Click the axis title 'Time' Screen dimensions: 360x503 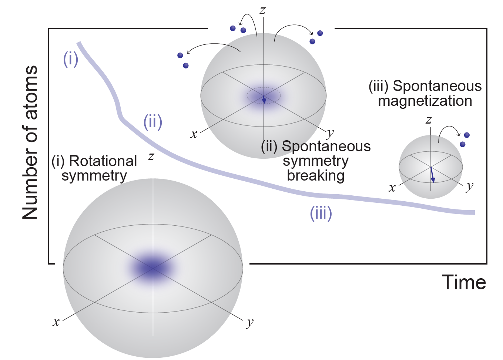coord(464,283)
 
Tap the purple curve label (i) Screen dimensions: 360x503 coord(70,59)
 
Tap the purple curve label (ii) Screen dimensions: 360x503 coord(153,122)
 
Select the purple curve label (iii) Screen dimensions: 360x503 coord(321,213)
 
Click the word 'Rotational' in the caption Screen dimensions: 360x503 coord(103,161)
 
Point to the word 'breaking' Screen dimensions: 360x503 coord(316,175)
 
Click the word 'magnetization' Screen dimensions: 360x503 coord(425,101)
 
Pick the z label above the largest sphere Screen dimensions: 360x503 coord(151,157)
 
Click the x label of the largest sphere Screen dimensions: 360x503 coord(56,322)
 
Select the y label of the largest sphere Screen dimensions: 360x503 coord(250,323)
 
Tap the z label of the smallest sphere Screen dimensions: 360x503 coord(429,120)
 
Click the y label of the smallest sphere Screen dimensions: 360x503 coord(470,186)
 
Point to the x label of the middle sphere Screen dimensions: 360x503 coord(194,134)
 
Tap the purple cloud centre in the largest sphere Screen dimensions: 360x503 coord(152,268)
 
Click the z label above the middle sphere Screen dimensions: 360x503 coord(262,10)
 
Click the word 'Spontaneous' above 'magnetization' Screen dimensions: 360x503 coord(437,86)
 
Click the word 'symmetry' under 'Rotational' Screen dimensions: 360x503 coord(94,176)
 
